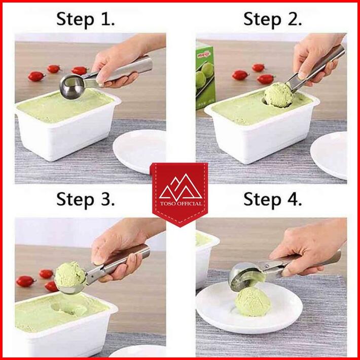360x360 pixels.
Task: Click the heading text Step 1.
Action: click(85, 19)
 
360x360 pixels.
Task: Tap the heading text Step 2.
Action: click(272, 19)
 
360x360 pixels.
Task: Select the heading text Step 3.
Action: click(85, 199)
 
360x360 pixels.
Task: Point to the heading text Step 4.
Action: click(272, 199)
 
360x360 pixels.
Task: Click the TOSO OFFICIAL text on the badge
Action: click(181, 203)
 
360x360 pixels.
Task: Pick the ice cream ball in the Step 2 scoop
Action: click(278, 95)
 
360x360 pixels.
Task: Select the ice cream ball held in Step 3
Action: click(70, 275)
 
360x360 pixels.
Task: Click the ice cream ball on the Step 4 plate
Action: click(253, 302)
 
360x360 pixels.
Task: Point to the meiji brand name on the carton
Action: click(204, 55)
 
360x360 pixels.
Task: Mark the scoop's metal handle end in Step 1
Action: click(143, 65)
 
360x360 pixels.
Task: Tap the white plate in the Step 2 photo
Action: click(329, 155)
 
